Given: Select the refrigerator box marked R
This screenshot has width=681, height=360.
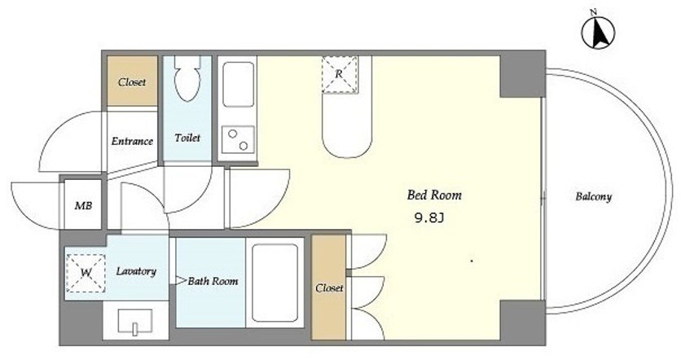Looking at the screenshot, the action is point(339,74).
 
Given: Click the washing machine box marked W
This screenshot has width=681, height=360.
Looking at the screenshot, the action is point(86,273).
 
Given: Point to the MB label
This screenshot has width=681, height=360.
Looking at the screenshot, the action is point(83,205).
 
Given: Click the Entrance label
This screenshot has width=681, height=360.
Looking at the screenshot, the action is point(132,141).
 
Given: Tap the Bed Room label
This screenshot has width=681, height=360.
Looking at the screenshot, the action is point(434,195).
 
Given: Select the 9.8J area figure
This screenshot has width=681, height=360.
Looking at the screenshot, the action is point(429,218).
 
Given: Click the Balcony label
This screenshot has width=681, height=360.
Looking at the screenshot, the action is point(593,197).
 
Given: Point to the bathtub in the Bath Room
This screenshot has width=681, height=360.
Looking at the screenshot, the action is point(275,283).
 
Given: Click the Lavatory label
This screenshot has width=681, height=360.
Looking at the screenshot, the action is point(136,271).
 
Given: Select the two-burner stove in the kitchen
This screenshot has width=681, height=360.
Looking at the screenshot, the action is point(238,140).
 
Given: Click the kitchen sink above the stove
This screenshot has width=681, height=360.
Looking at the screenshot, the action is point(238,84).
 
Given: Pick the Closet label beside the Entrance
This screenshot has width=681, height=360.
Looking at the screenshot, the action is point(132,82).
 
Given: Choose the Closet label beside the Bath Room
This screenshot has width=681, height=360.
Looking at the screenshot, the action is point(329,288).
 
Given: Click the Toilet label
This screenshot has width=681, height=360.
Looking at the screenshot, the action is point(187,138).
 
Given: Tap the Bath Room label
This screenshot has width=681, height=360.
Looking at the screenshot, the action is point(213,281).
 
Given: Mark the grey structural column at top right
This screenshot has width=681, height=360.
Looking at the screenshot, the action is point(522,74).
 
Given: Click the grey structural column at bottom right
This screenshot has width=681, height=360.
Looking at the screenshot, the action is point(522,323).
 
